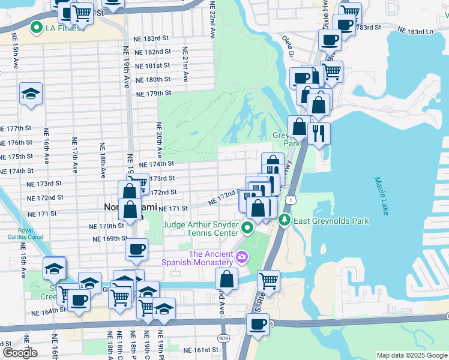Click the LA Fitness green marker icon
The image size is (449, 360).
click(36, 28)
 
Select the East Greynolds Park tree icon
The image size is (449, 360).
click(284, 221)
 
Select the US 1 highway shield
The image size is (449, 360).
click(291, 199)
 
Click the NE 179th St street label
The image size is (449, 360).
click(154, 94)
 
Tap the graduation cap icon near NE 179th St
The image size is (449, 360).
click(31, 94)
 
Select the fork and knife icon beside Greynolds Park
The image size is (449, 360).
click(318, 133)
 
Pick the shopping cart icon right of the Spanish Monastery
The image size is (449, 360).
click(268, 280)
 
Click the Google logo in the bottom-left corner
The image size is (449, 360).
click(20, 353)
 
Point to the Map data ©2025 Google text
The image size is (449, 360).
click(411, 355)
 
